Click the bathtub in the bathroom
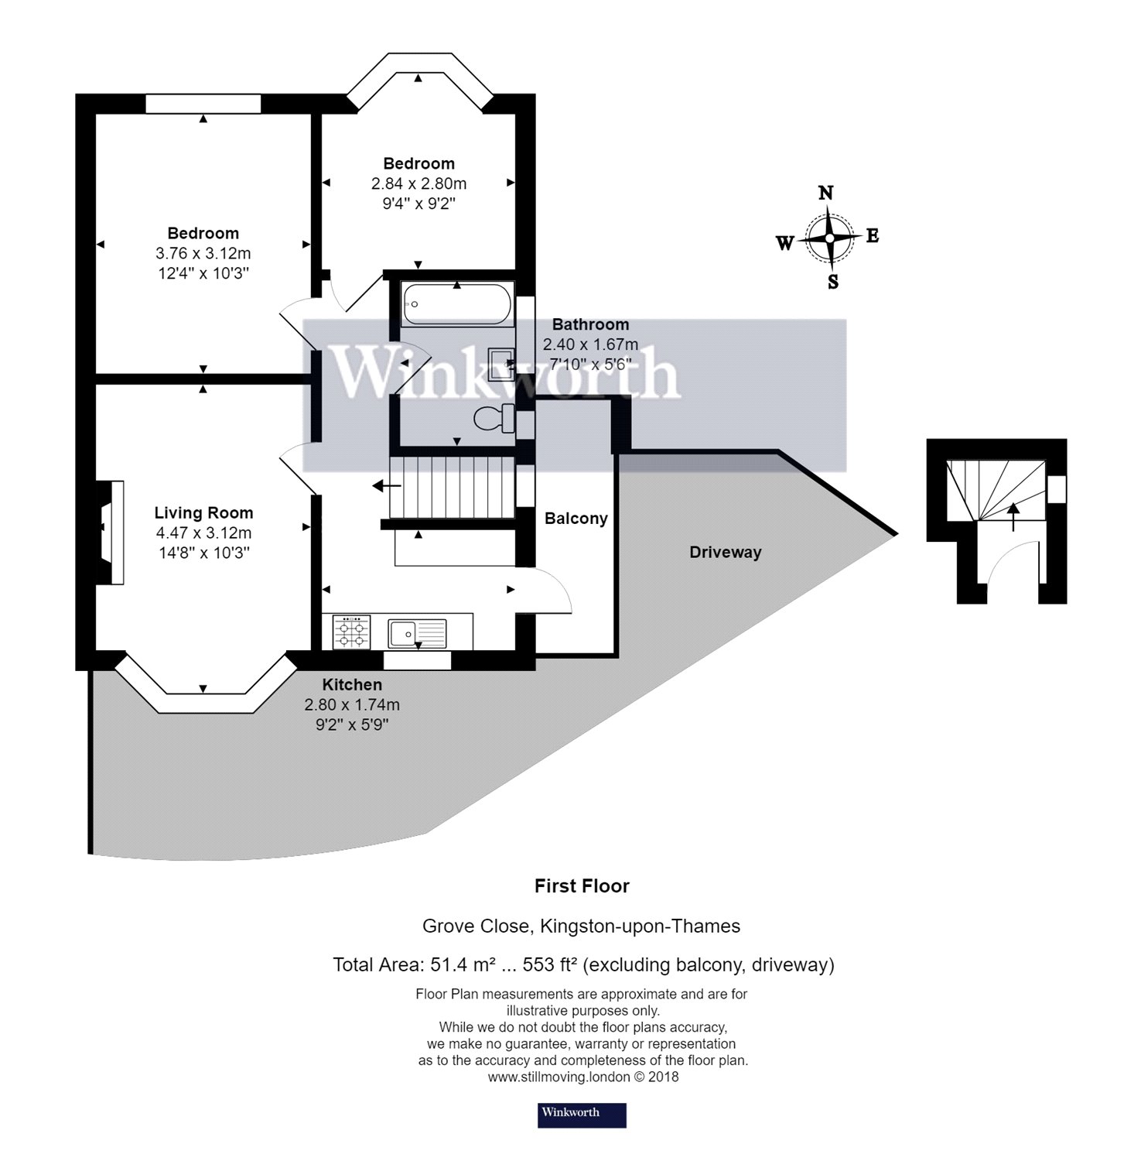point(456,304)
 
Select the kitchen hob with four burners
point(351,632)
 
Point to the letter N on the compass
point(826,193)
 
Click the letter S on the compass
point(832,283)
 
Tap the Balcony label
point(576,519)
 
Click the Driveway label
point(725,553)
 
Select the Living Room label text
point(203,512)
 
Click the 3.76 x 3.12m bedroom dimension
point(203,253)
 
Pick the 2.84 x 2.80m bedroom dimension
point(418,183)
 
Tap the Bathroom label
point(590,324)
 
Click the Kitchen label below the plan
point(352,685)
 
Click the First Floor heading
point(582,886)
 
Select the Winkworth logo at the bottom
point(582,1115)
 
